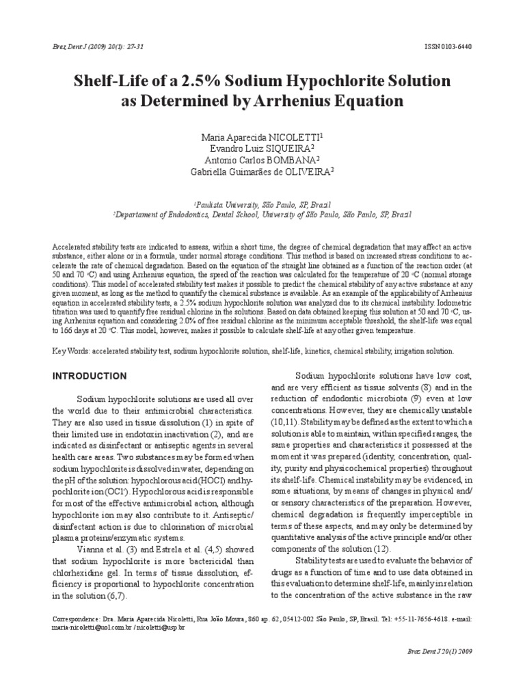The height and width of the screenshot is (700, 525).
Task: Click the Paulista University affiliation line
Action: click(x=262, y=204)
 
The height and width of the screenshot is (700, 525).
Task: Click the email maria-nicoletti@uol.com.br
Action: click(x=92, y=627)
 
